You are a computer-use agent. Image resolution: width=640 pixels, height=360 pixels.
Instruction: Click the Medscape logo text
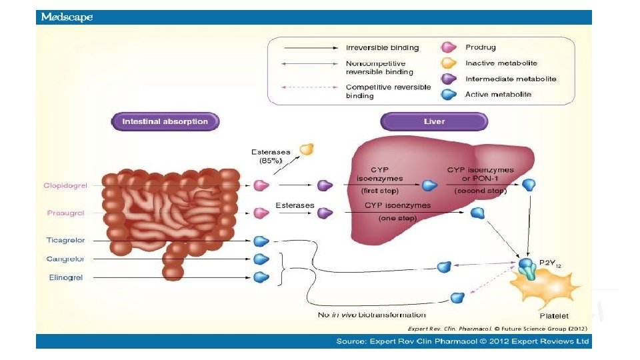pos(67,17)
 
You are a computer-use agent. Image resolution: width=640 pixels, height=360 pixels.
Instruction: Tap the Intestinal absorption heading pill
pos(165,121)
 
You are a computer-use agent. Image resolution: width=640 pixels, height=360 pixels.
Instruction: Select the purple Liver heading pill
pos(434,121)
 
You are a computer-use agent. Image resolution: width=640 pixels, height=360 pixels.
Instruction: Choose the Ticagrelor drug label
pos(65,240)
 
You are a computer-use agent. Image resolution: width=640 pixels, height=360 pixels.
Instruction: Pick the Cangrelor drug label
pos(65,259)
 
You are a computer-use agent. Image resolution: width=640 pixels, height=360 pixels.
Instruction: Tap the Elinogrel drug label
pos(65,277)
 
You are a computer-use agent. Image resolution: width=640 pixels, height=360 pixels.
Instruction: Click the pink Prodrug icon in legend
pos(449,47)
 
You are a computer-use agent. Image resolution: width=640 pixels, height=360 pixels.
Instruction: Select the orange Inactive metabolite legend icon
pos(449,63)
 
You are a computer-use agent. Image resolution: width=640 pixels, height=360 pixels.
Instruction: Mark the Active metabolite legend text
pos(497,95)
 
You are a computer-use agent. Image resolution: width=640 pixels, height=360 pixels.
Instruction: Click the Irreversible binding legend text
pos(382,47)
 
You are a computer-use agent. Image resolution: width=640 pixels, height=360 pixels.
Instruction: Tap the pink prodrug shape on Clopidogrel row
pos(261,185)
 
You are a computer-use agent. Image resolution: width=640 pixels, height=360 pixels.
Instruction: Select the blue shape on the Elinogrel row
pos(261,277)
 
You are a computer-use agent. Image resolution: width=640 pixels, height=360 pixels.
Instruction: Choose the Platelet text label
pos(553,315)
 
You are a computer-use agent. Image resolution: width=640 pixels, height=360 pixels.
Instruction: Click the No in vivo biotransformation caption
pos(371,315)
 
